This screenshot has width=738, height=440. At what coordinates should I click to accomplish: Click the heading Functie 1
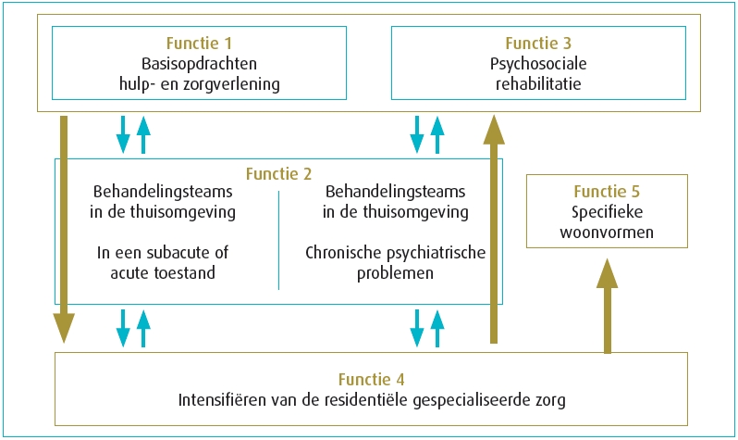199,44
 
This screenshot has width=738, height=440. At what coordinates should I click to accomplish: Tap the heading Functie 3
538,44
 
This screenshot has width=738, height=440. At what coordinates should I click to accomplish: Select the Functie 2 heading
278,174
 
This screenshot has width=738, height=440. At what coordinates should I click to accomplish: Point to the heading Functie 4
372,380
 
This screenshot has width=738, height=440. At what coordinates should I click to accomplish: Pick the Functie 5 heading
607,192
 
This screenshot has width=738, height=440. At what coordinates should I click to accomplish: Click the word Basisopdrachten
199,64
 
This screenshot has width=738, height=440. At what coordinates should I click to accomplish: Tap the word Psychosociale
538,64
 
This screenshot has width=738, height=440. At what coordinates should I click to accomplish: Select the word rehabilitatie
538,84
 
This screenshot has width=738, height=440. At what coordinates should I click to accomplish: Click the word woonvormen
607,233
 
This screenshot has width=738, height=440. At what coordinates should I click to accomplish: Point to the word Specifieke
608,212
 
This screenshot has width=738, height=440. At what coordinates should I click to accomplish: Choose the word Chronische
344,253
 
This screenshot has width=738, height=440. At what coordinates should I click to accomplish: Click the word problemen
396,273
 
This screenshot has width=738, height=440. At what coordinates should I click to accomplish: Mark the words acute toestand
163,273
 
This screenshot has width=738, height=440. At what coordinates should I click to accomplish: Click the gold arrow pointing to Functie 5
608,306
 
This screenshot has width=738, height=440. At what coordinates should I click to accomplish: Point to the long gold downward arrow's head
64,328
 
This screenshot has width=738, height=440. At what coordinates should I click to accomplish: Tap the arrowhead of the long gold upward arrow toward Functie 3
494,129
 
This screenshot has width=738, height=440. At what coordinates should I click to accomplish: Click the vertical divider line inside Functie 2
278,240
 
